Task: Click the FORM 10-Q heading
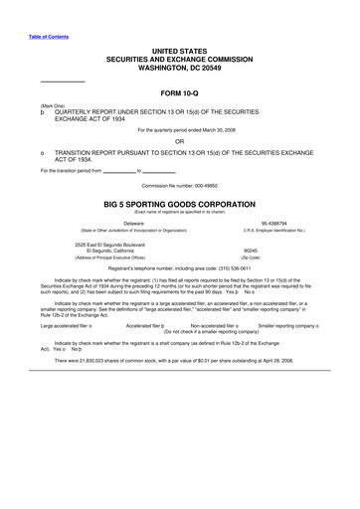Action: pyautogui.click(x=180, y=92)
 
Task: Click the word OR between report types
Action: pyautogui.click(x=180, y=141)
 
